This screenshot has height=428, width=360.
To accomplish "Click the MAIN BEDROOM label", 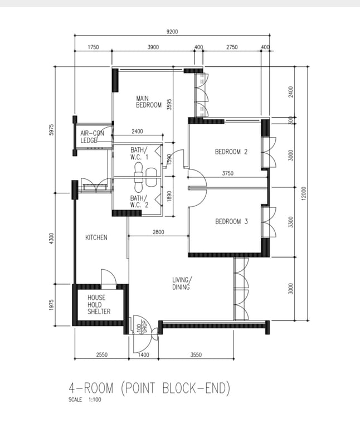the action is pos(149,101).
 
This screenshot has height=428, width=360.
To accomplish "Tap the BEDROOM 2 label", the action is pos(231,152).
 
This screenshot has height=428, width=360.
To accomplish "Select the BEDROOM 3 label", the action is pos(231,221).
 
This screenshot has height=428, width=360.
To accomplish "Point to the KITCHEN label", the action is pos(96,237).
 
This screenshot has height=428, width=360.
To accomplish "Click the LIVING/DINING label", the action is pos(182,283).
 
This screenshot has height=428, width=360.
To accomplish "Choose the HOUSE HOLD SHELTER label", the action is pos(99,304).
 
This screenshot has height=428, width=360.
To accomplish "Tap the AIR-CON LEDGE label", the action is pos(92,137).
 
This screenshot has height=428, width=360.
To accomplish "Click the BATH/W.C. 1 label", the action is pos(139,153).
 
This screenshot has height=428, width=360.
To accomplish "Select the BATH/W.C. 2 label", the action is pos(139,201).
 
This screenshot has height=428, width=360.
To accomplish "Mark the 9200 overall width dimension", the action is pos(172,32).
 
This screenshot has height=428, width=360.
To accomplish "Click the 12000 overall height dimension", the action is pos(304,193).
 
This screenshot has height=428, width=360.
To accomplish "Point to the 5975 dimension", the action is pos(52,130).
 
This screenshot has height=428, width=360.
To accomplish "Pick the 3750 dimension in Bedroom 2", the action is pos(227,173).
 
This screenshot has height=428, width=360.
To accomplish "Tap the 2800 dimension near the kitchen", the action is pos(158,232).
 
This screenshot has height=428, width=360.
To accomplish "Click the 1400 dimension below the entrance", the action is pos(143,354).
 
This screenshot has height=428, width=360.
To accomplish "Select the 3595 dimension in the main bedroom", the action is pos(169,104).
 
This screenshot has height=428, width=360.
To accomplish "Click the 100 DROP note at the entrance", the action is pos(142,327).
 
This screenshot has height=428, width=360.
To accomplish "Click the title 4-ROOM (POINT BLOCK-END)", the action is pos(149,388).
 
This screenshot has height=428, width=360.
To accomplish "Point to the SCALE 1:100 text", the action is pos(85,400).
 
